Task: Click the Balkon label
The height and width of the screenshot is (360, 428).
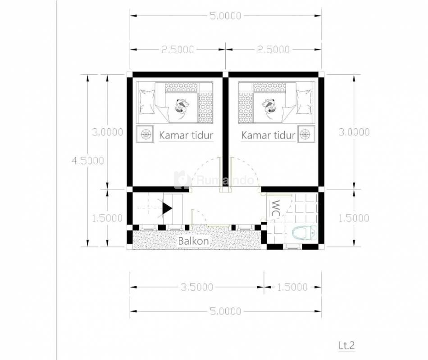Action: point(193,241)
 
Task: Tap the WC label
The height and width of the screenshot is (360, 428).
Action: point(276,209)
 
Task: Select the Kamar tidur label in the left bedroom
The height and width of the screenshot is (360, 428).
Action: point(186,135)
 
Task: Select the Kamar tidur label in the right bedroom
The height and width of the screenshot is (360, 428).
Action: point(269,135)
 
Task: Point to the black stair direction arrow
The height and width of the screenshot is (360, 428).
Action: point(167,208)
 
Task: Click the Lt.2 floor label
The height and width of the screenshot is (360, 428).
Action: point(346,345)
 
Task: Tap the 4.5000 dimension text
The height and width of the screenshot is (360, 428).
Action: point(87,161)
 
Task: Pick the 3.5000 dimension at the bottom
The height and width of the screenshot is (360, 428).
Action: point(197,287)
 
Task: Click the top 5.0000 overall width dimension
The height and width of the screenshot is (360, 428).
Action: point(225,16)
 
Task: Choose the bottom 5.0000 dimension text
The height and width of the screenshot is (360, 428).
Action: point(225,311)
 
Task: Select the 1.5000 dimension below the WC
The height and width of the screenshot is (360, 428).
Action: point(292,287)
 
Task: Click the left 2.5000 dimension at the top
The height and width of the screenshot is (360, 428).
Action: point(178,49)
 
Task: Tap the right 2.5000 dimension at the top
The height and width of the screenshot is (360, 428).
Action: point(273,49)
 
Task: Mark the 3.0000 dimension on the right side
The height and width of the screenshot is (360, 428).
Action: point(354,132)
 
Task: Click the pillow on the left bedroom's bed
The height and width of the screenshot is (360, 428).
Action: point(146,102)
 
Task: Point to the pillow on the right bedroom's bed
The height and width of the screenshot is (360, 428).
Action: point(304,102)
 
